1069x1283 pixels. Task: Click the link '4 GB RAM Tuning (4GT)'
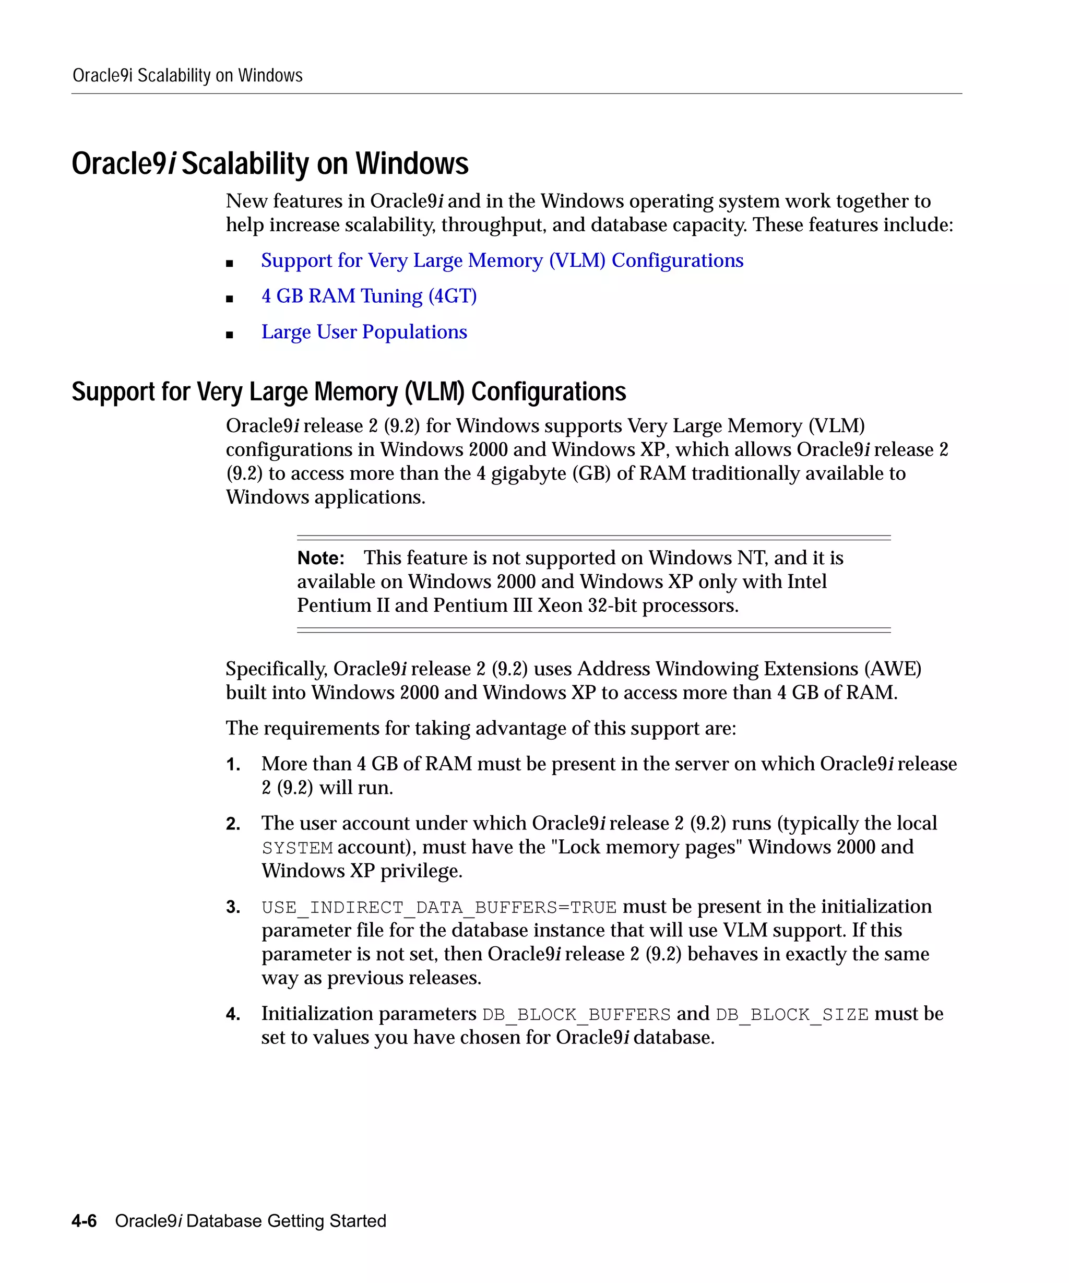point(369,296)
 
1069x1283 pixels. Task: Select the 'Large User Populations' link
point(364,332)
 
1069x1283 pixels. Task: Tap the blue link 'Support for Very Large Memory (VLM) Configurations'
point(502,260)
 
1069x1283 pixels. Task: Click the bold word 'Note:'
point(320,559)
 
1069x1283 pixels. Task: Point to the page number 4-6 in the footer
point(84,1221)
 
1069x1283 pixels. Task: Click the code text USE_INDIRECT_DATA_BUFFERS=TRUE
point(438,908)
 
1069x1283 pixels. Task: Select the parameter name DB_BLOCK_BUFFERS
point(576,1015)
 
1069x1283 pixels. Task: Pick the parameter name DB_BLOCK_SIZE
point(792,1015)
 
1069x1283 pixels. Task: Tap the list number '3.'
point(233,907)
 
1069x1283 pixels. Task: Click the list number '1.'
point(233,764)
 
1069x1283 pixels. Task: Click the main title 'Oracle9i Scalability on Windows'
point(269,164)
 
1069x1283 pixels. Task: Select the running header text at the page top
point(187,76)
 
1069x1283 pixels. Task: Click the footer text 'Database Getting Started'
point(286,1221)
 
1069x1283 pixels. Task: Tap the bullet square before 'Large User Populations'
point(230,335)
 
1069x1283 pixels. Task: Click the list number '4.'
point(233,1015)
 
